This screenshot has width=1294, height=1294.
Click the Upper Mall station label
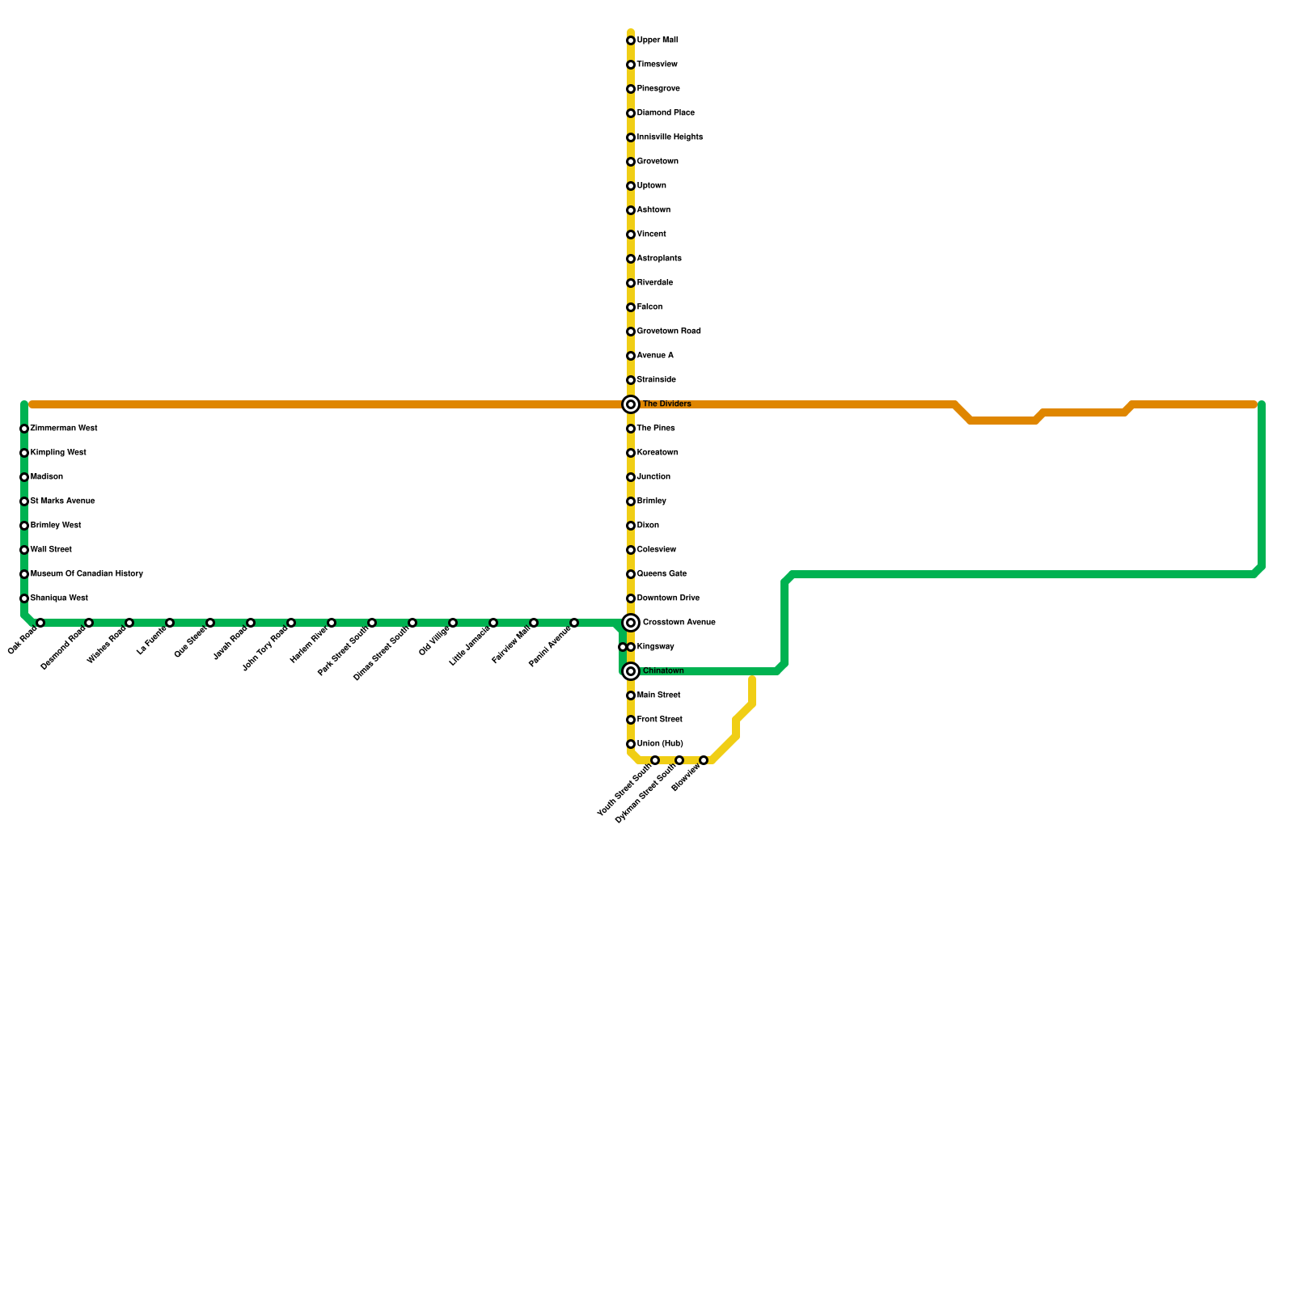(x=657, y=40)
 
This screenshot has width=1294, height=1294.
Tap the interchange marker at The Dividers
(x=631, y=404)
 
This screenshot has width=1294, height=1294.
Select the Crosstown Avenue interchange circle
(x=631, y=623)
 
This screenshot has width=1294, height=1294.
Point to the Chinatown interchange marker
(x=631, y=671)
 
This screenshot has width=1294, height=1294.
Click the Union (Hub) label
(x=659, y=744)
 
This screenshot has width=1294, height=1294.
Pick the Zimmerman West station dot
(x=24, y=429)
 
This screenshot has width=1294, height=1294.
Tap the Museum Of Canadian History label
(x=87, y=574)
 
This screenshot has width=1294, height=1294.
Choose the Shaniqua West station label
(x=59, y=598)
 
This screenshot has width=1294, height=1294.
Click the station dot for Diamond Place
(x=631, y=113)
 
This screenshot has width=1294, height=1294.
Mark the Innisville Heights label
(x=670, y=137)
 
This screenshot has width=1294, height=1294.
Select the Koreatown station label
(x=658, y=453)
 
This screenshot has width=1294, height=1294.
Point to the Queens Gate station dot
(x=631, y=574)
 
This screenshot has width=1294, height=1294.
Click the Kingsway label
(x=655, y=647)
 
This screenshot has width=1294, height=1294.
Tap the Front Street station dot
(x=631, y=720)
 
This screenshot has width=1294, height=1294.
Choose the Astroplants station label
(x=659, y=259)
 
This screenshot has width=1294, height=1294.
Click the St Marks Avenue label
(x=62, y=501)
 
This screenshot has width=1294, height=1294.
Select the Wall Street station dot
(x=24, y=550)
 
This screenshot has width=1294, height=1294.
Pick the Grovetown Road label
(x=669, y=332)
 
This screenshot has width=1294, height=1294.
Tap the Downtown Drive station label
(x=668, y=598)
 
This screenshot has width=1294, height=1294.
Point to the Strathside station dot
(x=631, y=380)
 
